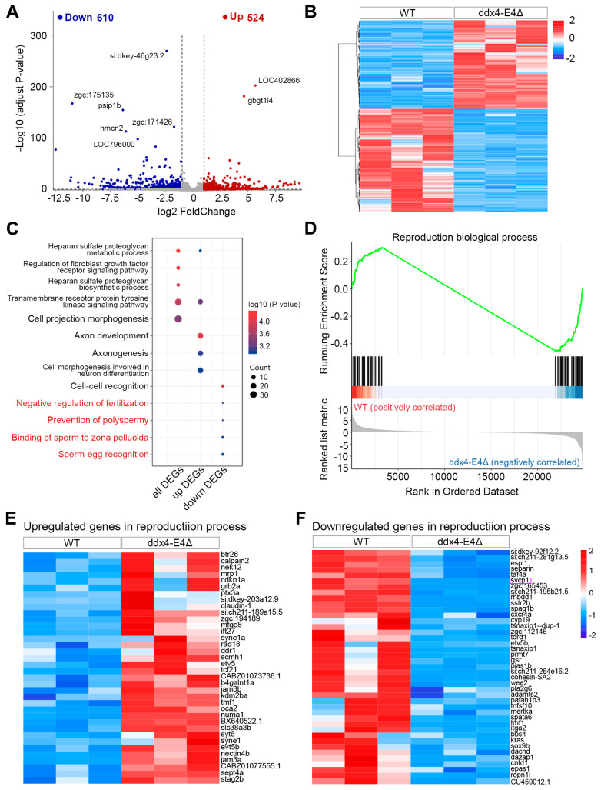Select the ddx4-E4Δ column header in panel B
500,13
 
